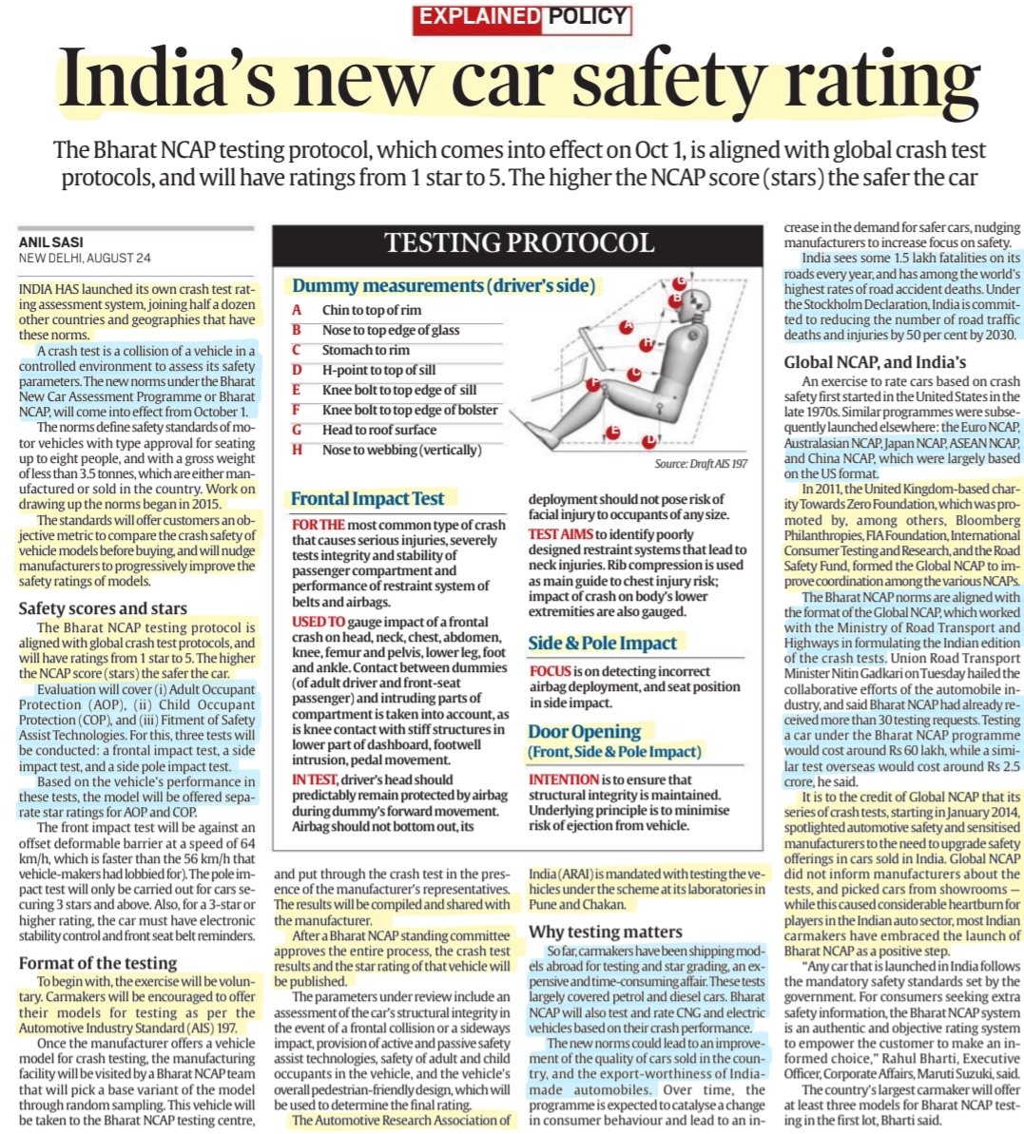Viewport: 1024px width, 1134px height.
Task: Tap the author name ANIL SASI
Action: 48,243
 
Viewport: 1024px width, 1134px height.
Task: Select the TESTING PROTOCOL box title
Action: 517,244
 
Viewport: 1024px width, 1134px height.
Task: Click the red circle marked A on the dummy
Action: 626,326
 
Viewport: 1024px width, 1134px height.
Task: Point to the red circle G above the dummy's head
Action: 679,282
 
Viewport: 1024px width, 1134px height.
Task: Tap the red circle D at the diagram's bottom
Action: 647,441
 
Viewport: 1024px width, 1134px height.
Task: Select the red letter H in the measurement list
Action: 297,450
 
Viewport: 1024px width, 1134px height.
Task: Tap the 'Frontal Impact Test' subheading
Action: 367,498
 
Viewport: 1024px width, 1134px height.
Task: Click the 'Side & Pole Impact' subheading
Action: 603,643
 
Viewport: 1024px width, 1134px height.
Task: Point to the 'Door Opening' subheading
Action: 584,731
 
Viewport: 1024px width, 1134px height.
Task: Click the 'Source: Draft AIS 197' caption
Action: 701,464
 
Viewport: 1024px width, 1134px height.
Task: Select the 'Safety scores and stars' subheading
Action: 103,608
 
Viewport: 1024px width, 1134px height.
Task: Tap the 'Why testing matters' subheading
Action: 605,932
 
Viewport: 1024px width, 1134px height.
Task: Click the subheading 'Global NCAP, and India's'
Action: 875,361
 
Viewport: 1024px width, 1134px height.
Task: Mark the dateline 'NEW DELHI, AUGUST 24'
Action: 85,259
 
